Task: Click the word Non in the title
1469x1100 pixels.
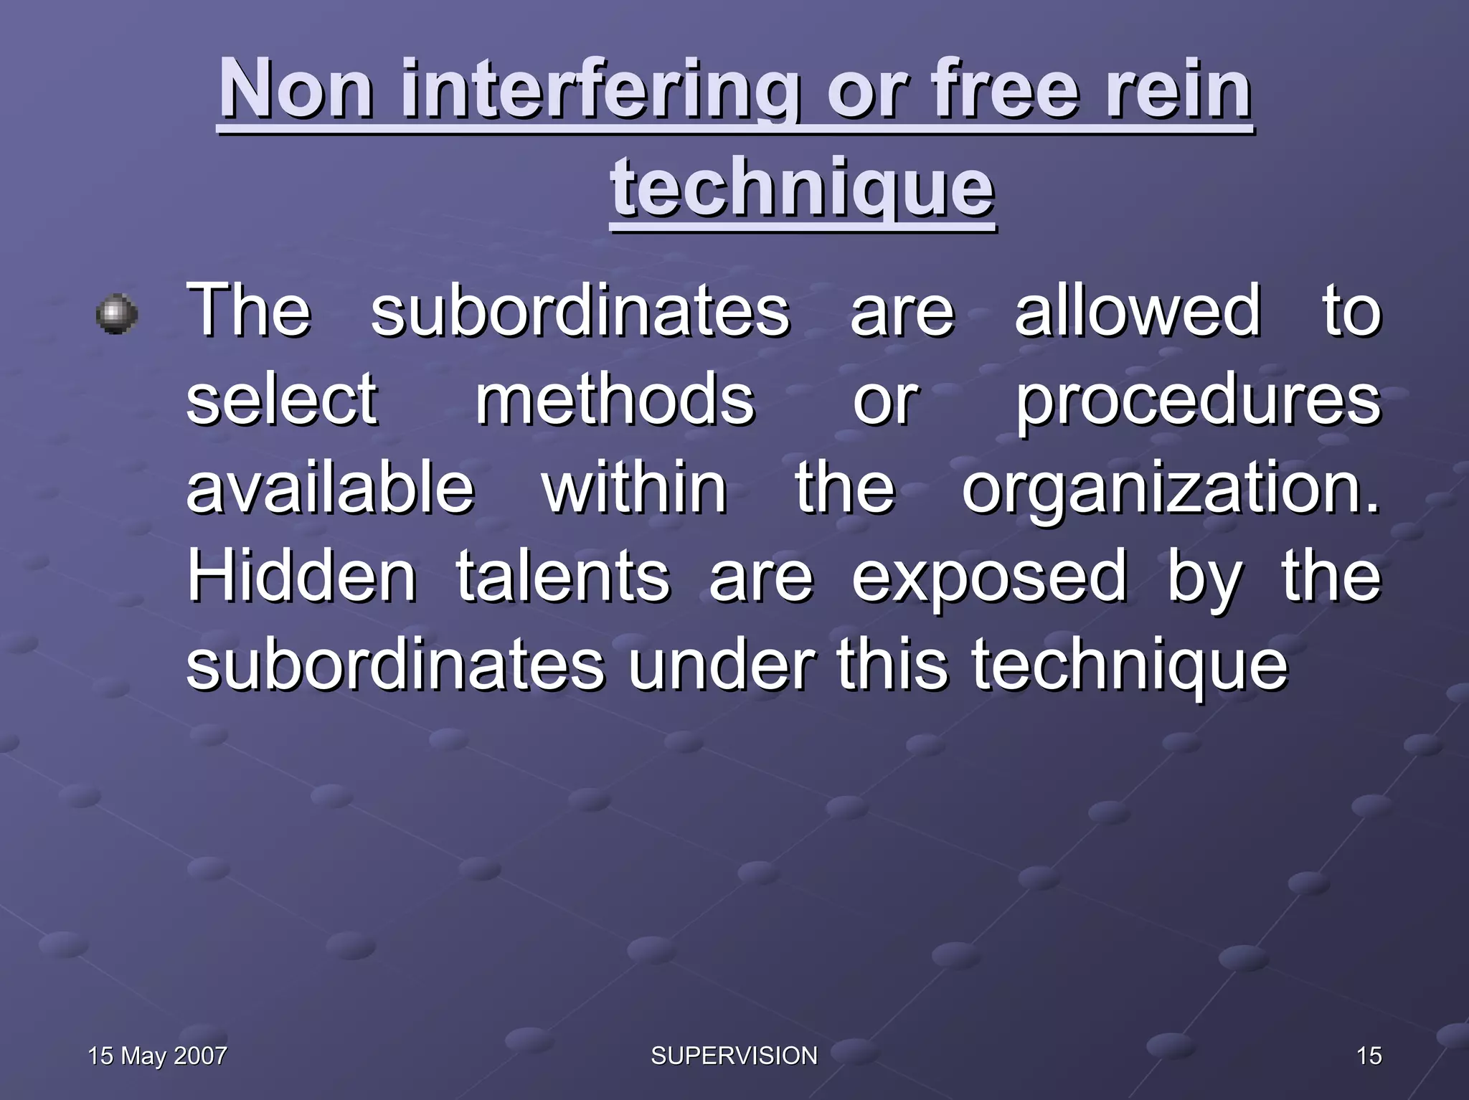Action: pyautogui.click(x=296, y=90)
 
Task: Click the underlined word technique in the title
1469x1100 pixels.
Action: pyautogui.click(x=802, y=188)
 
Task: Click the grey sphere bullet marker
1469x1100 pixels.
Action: pyautogui.click(x=117, y=313)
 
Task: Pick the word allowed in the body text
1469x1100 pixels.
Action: pyautogui.click(x=1137, y=310)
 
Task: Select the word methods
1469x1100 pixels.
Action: pyautogui.click(x=615, y=399)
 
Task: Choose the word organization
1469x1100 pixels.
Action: pyautogui.click(x=1170, y=490)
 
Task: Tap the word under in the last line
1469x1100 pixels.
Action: pyautogui.click(x=722, y=665)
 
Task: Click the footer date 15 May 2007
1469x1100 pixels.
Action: pyautogui.click(x=157, y=1056)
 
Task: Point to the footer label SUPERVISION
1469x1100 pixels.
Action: pyautogui.click(x=734, y=1056)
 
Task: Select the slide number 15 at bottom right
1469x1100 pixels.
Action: pyautogui.click(x=1369, y=1056)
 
